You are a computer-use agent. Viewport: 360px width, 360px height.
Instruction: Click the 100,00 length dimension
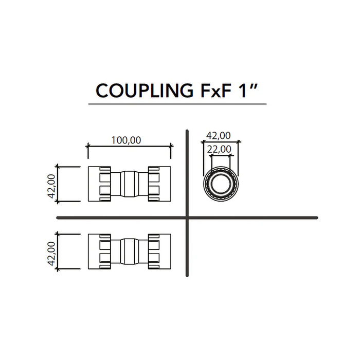(x=127, y=139)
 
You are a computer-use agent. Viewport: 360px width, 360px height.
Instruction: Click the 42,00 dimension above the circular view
(x=218, y=136)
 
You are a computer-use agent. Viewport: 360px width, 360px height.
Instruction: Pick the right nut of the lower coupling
(x=159, y=251)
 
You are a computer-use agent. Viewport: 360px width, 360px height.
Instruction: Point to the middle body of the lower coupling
(x=129, y=251)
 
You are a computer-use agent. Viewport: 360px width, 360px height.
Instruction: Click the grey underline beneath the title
(x=177, y=104)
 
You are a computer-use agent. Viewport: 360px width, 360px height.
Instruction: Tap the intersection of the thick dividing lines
(x=187, y=218)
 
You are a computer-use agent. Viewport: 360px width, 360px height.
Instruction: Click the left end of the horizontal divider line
(x=58, y=218)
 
